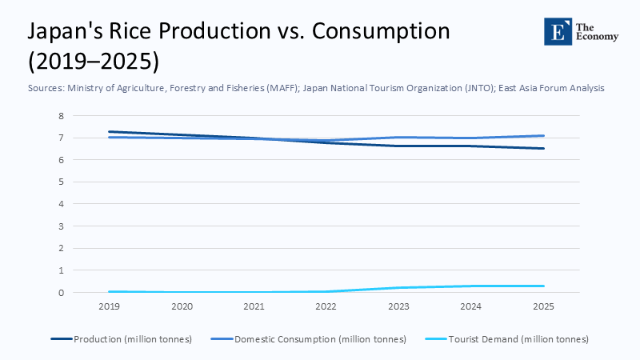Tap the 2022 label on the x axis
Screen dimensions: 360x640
coord(326,306)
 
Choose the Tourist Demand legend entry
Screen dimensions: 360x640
coord(512,339)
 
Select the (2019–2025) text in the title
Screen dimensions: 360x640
coord(93,61)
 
